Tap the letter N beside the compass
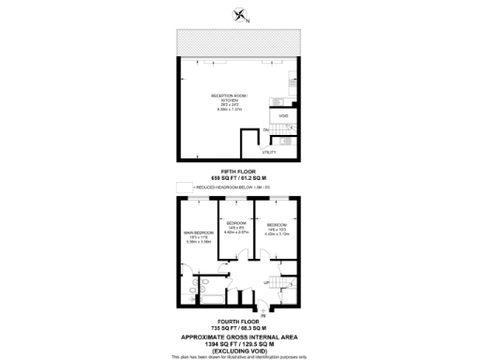[x=247, y=19]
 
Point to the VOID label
[x=284, y=115]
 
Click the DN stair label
[x=266, y=129]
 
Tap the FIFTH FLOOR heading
[x=239, y=170]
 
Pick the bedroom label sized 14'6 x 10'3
[x=277, y=227]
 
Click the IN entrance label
[x=263, y=315]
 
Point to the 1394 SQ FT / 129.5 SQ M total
[x=239, y=344]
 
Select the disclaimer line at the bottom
[x=239, y=357]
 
